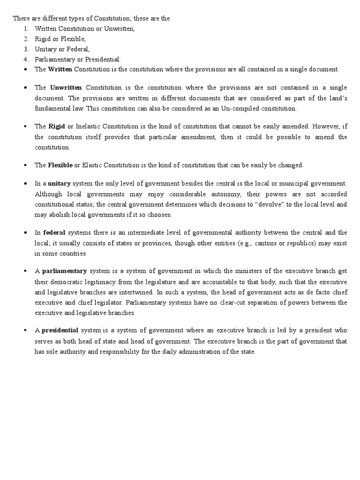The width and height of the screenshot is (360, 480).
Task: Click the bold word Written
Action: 60,69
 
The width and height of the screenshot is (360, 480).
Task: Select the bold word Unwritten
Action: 66,88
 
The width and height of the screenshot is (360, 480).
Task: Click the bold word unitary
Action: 59,183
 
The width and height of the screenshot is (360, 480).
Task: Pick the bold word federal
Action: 54,232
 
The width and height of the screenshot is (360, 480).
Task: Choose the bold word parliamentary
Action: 64,271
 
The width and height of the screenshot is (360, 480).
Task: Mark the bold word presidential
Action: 60,330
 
